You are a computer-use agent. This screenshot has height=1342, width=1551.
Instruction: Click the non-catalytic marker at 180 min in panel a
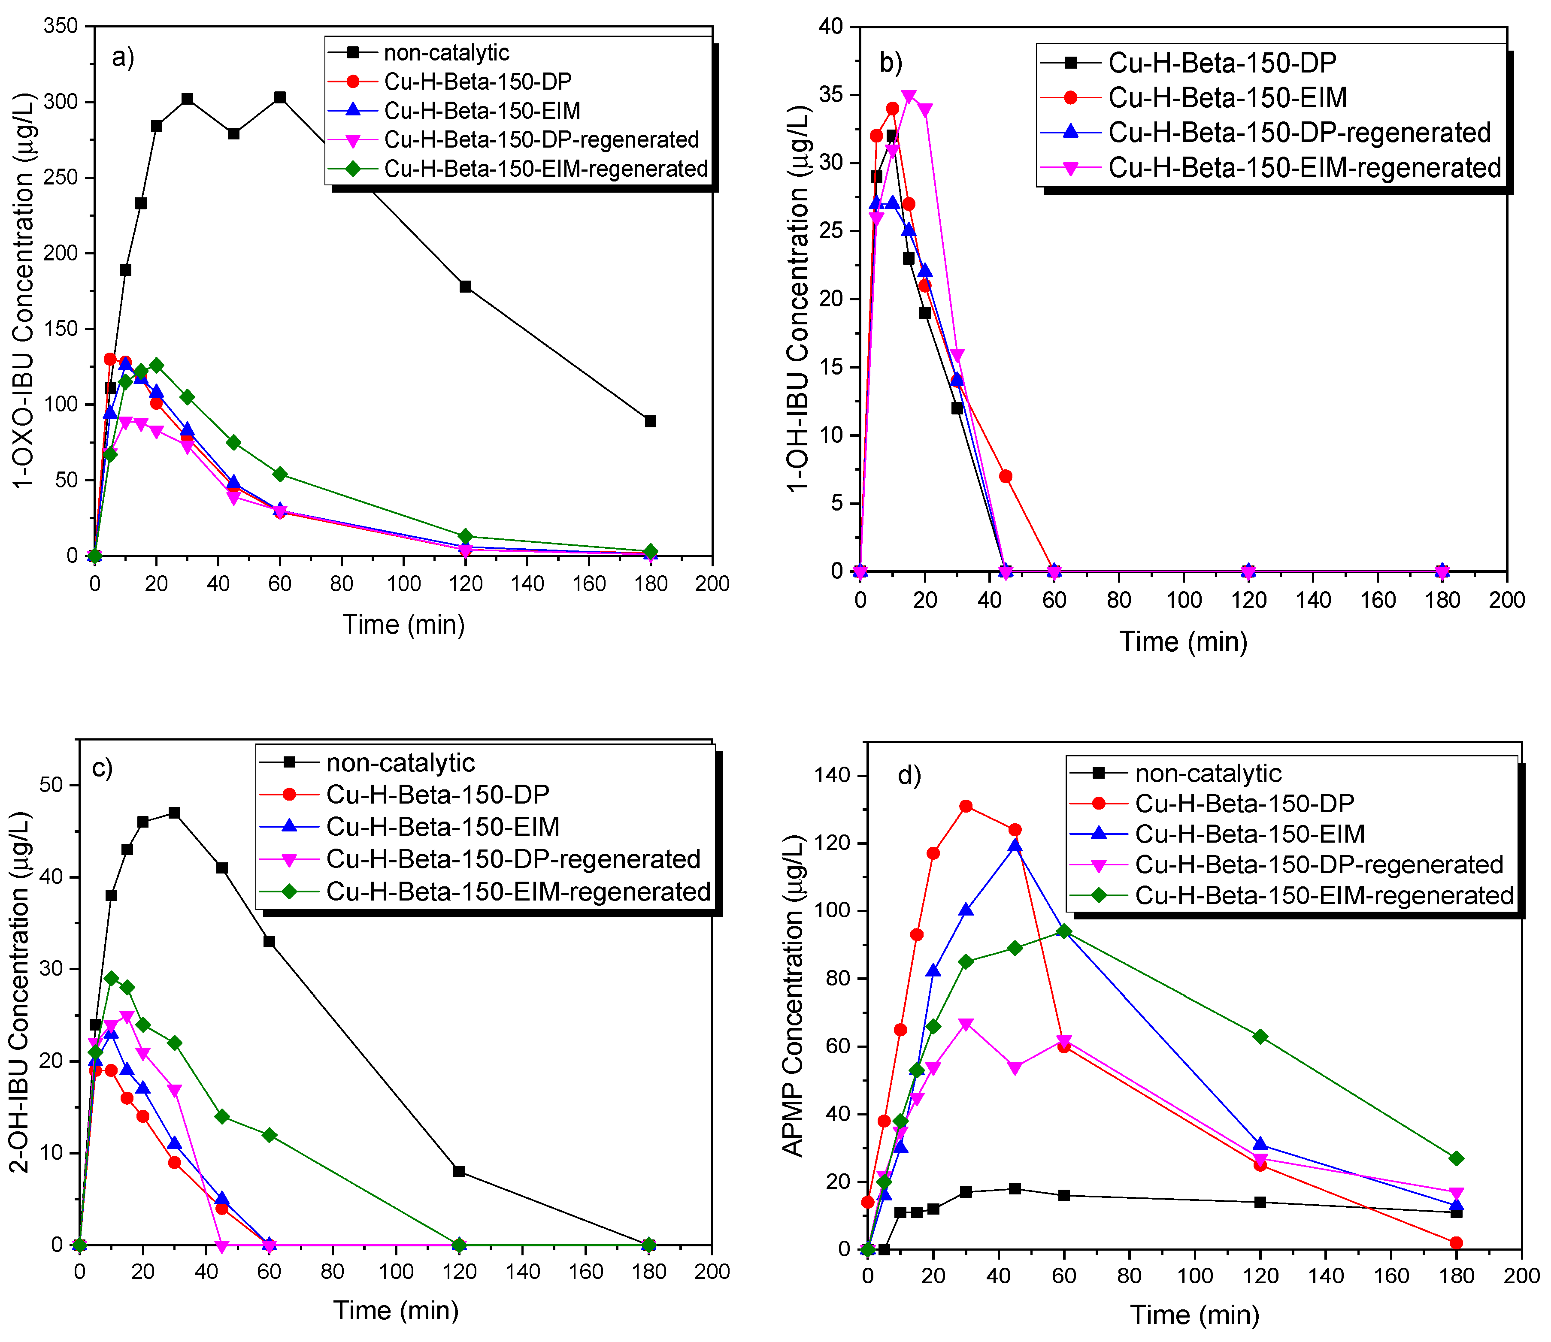650,422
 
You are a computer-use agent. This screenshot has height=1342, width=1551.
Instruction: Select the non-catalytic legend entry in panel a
446,52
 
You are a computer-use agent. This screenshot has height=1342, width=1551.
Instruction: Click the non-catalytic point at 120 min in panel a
465,287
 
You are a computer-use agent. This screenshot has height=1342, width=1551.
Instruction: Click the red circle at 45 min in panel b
1006,476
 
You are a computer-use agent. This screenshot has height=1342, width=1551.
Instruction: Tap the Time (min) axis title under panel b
1183,642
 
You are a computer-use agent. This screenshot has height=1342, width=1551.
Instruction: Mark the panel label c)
102,768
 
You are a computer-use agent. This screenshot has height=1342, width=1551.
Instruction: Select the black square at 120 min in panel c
459,1171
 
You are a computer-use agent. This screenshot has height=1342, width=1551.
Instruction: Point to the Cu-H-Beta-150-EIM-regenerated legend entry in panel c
518,892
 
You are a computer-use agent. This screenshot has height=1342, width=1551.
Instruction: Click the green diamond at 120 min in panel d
1260,1037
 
